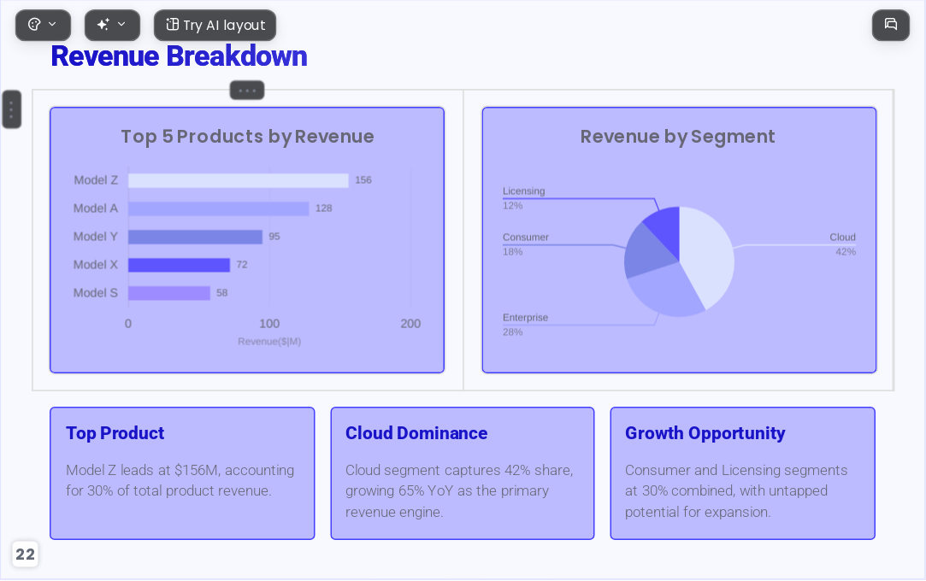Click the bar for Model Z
coord(239,180)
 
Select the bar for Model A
coord(219,208)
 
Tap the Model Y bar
coord(196,238)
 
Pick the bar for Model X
coord(179,266)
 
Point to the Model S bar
coord(169,293)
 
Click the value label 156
coord(363,180)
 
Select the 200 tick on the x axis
coord(410,324)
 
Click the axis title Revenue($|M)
coord(269,342)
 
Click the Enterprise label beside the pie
coord(525,317)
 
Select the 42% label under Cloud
coord(846,252)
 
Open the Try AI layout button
coord(215,26)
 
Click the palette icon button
coord(43,26)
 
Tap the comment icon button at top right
coord(891,26)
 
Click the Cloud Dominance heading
coord(416,433)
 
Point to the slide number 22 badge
coord(26,555)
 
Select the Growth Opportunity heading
coord(705,433)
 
